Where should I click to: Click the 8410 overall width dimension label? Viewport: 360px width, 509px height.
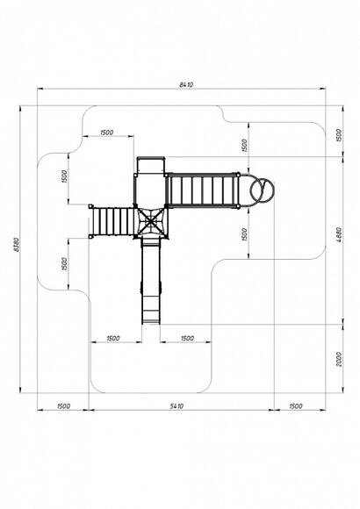(x=186, y=85)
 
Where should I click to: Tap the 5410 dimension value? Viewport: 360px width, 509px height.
(x=176, y=405)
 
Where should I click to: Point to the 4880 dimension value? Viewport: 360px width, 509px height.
(x=339, y=235)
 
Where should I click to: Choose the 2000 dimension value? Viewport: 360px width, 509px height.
(x=339, y=359)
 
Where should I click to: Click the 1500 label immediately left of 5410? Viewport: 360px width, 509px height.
(x=63, y=405)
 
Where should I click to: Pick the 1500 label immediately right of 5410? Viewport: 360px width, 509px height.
(x=296, y=405)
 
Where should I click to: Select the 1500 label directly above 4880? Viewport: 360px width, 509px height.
(x=339, y=135)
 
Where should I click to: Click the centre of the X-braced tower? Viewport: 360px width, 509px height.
(x=151, y=223)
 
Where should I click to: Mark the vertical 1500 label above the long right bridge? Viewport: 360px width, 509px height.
(x=244, y=145)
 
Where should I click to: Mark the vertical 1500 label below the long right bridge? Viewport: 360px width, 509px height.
(x=244, y=234)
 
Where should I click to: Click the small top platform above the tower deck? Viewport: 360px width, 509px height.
(x=151, y=165)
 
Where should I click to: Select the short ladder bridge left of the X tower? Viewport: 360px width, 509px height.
(x=112, y=221)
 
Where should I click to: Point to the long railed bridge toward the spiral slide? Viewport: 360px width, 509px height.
(x=202, y=190)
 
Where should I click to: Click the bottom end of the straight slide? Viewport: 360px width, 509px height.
(x=151, y=323)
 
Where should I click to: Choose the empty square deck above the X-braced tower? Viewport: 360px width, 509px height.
(x=150, y=190)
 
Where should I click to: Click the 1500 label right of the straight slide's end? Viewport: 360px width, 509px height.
(x=187, y=338)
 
